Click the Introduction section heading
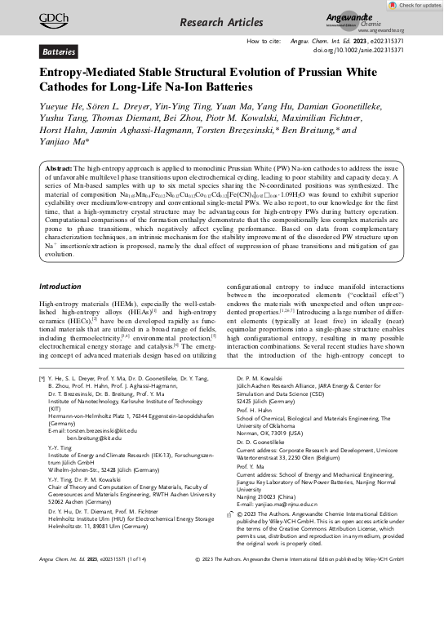66,286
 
